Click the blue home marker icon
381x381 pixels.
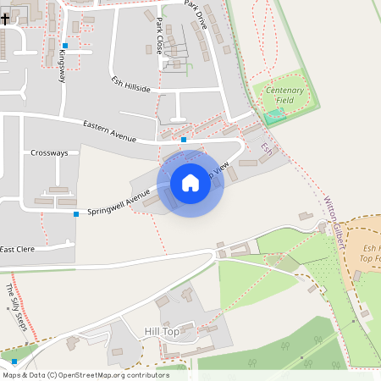(x=190, y=183)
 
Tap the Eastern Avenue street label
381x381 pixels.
(x=109, y=130)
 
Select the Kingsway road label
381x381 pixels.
(x=62, y=66)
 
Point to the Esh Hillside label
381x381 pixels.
(x=130, y=85)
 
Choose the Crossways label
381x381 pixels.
(x=49, y=153)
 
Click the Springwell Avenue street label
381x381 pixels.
(x=119, y=201)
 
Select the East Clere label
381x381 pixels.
(x=18, y=249)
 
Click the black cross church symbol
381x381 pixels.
(x=5, y=18)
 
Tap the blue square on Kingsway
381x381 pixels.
(x=65, y=46)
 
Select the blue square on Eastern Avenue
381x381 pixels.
(x=184, y=139)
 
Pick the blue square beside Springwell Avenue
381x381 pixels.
(x=76, y=214)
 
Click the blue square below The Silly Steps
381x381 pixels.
(x=14, y=362)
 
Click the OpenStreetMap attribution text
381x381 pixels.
(x=86, y=375)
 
